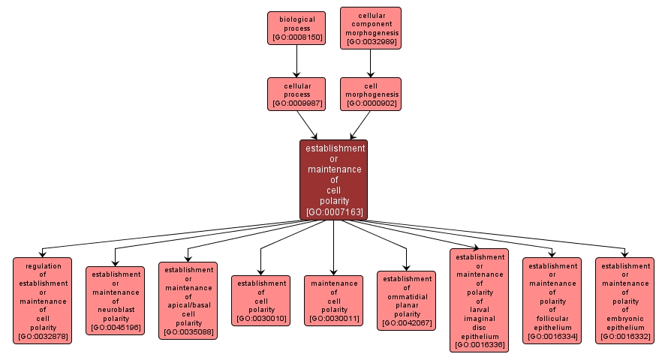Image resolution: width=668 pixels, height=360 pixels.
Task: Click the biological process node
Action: pos(296,28)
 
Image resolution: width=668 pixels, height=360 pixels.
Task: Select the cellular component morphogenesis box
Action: pos(371,28)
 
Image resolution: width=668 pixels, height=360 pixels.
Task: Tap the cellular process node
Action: pos(296,94)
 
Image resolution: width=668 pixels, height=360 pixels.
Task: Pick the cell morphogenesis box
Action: pos(371,94)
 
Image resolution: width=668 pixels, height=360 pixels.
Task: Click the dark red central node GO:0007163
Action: pos(334,179)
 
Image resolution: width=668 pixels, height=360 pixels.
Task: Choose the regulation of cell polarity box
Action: pos(42,300)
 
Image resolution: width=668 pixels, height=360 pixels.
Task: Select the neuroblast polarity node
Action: pos(115,300)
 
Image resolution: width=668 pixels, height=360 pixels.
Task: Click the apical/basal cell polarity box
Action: pos(188,300)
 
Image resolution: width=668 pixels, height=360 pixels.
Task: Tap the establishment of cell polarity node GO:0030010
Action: pos(260,300)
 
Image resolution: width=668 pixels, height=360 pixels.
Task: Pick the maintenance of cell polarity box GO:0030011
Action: pos(334,300)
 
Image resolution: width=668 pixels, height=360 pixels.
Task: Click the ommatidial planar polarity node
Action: pos(407,300)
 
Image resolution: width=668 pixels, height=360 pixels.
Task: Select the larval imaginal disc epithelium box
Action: pos(479,300)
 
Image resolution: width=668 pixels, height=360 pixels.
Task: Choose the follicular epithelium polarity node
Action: pos(552,300)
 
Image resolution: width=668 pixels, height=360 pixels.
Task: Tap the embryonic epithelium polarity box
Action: pos(624,300)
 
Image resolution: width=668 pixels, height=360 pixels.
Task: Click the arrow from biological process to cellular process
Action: pos(296,61)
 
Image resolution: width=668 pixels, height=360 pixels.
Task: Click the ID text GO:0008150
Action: pos(296,37)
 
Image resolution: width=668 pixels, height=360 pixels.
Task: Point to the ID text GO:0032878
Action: pos(42,337)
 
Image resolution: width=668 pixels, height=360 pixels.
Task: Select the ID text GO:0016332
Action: pos(624,337)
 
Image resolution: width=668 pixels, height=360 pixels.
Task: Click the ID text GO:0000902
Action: pos(371,103)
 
